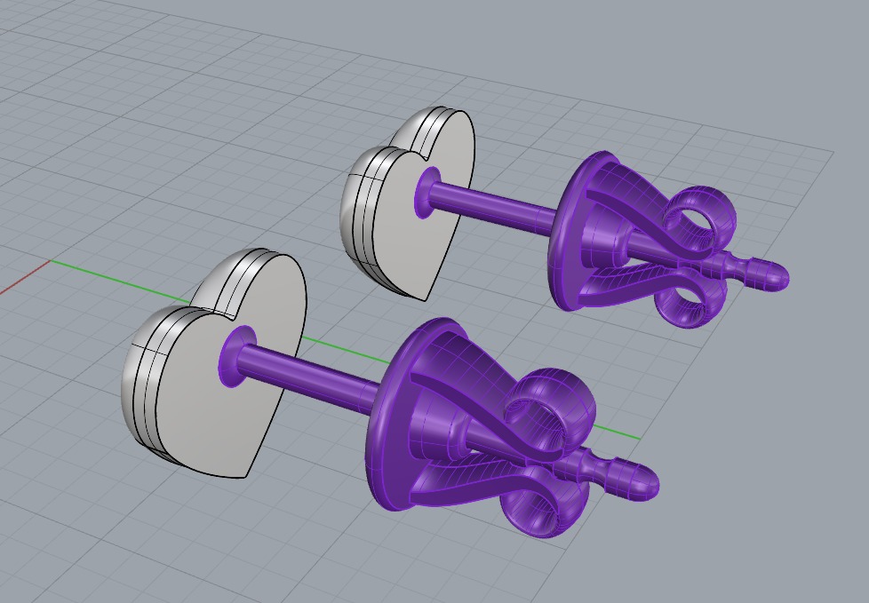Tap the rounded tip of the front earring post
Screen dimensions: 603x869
tap(646, 481)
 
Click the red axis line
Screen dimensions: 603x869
tap(22, 281)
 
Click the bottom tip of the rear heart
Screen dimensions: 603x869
tap(424, 299)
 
